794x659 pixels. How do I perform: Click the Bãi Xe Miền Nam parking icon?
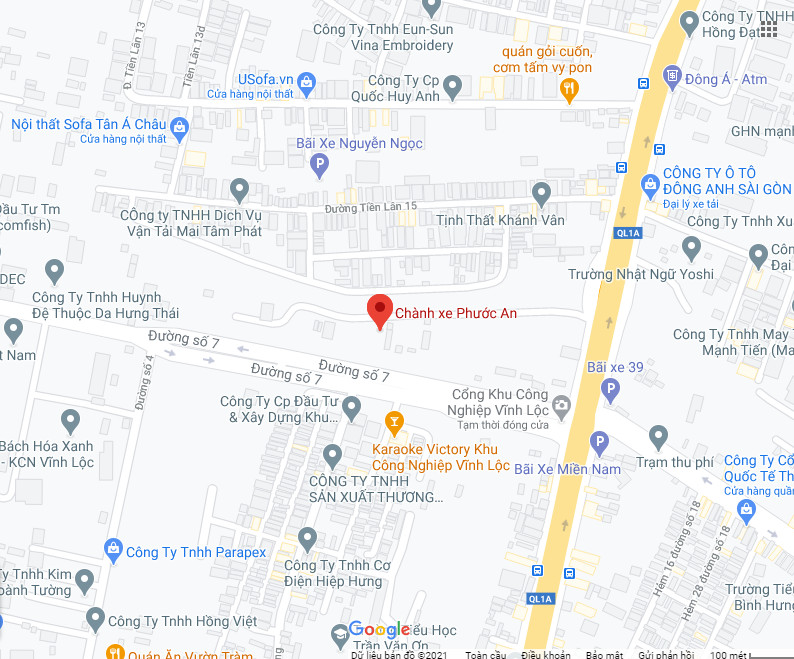598,442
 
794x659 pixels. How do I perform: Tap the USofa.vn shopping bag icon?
307,80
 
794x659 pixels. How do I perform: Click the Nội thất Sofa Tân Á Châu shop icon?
179,125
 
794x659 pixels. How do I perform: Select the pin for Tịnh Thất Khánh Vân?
541,192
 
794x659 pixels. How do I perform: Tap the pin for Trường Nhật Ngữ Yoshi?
691,247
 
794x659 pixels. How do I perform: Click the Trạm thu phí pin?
658,436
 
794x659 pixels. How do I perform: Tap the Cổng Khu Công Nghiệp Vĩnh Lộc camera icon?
561,405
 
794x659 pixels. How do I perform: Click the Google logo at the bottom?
379,630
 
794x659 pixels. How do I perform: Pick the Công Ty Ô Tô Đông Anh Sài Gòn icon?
649,183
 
